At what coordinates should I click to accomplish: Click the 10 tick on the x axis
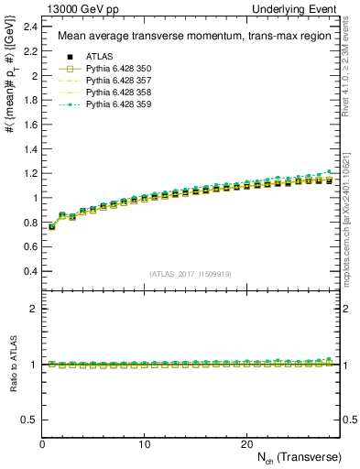click(x=145, y=444)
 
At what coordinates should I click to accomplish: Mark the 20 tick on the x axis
click(x=246, y=444)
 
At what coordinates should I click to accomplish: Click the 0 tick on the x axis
click(x=43, y=444)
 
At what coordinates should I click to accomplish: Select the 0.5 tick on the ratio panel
click(x=28, y=420)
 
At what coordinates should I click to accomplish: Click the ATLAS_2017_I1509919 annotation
click(x=190, y=273)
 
